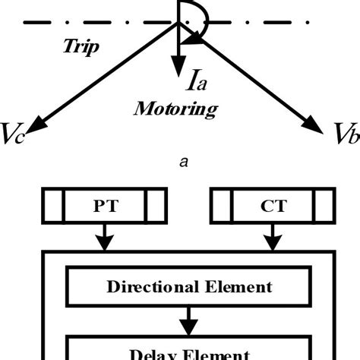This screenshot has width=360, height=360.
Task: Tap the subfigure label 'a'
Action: [181, 160]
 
